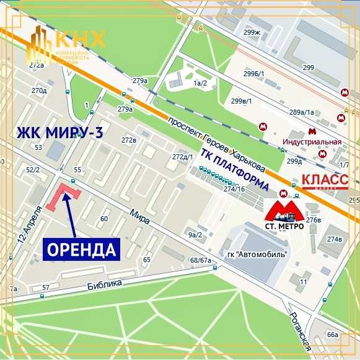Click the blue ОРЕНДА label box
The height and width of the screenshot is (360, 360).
tap(81, 250)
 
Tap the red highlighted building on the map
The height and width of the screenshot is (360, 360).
tap(62, 197)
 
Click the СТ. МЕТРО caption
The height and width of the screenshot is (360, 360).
tap(284, 226)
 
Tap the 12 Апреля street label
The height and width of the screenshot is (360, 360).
tap(33, 230)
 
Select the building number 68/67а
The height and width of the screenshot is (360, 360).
tap(201, 260)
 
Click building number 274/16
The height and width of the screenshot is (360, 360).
tap(235, 188)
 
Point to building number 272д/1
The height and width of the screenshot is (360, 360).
tap(183, 157)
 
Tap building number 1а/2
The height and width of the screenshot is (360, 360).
tap(199, 82)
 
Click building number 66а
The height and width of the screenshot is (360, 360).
tap(333, 335)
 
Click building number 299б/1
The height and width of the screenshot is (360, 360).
tap(253, 74)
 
